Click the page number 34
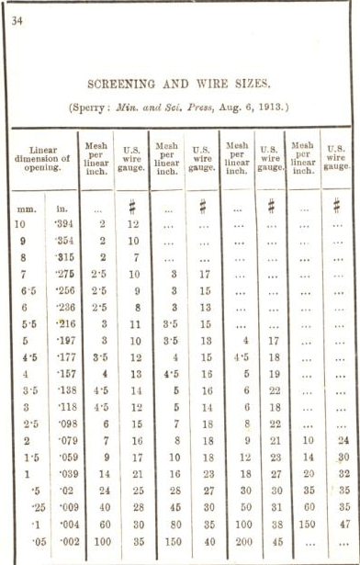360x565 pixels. click(17, 21)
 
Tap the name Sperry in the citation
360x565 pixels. click(94, 106)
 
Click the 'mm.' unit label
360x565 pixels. click(28, 209)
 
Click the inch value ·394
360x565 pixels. click(63, 223)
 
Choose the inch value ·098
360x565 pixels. click(63, 424)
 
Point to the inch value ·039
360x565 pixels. click(63, 473)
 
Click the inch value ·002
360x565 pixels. click(63, 540)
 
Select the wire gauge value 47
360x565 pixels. click(343, 523)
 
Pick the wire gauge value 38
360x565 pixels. click(272, 523)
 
